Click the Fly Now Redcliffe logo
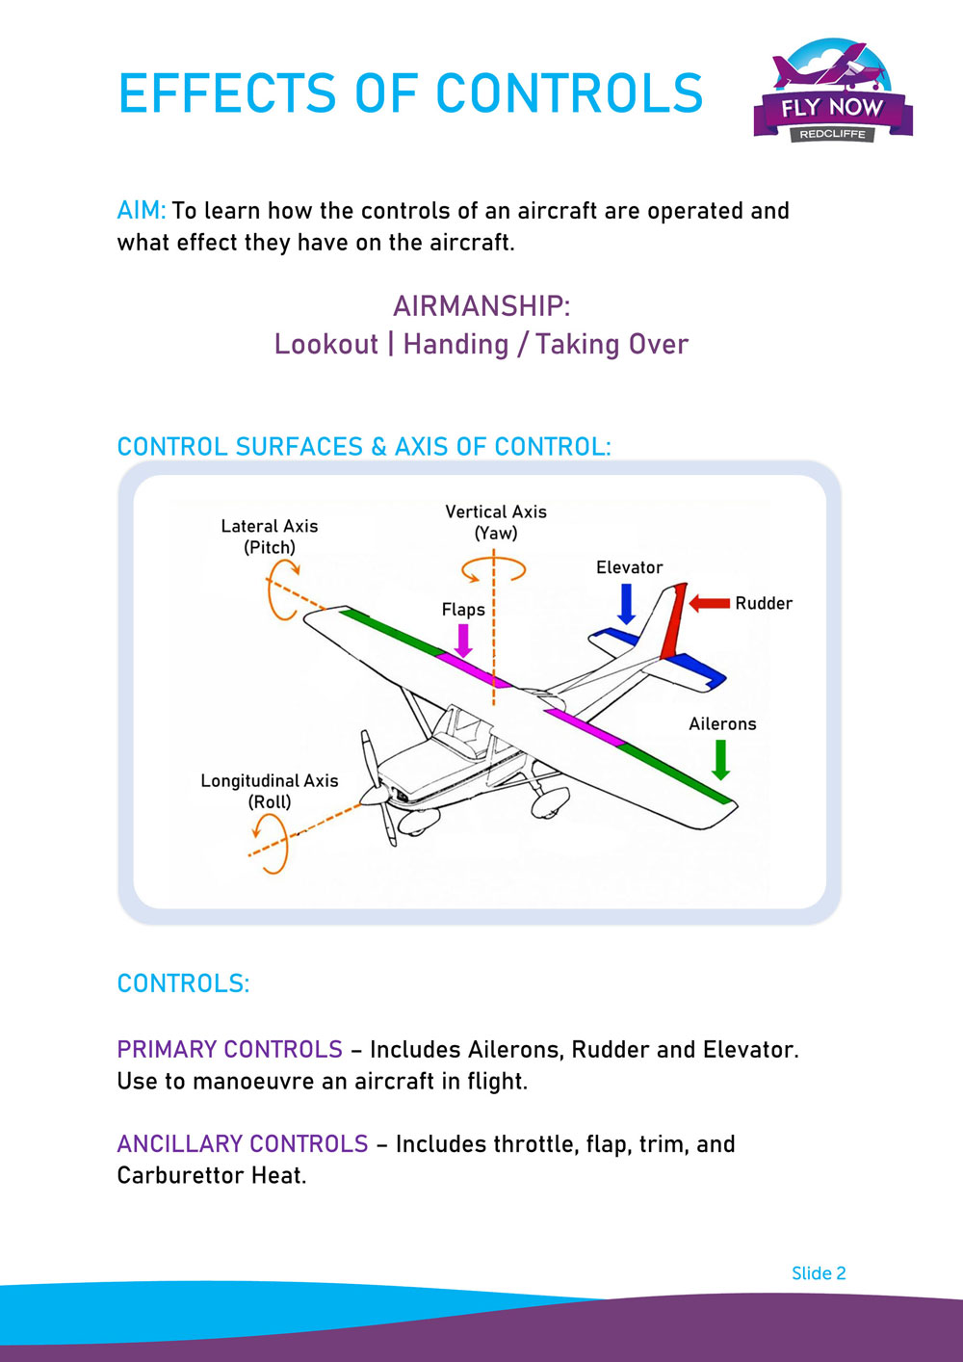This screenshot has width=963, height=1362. click(833, 92)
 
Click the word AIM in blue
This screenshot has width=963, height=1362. click(141, 211)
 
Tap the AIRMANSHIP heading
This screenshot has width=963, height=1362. click(481, 306)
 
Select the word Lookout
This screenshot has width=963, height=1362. click(325, 344)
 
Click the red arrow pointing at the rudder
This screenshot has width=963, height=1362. click(709, 603)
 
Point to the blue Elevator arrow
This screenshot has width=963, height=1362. click(627, 603)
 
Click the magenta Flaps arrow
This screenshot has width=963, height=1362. click(463, 640)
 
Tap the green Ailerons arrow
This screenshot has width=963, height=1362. click(720, 759)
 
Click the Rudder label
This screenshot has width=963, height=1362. click(764, 603)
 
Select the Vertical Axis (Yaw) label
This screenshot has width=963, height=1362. click(496, 522)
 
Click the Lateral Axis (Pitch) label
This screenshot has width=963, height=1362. click(270, 537)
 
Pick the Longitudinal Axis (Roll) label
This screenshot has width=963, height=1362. click(270, 791)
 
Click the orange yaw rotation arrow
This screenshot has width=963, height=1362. click(494, 570)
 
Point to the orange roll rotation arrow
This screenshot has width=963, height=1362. click(273, 844)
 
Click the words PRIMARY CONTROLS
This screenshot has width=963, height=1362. click(229, 1049)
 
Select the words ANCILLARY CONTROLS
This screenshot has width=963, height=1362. click(243, 1143)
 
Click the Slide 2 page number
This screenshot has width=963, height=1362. click(819, 1273)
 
